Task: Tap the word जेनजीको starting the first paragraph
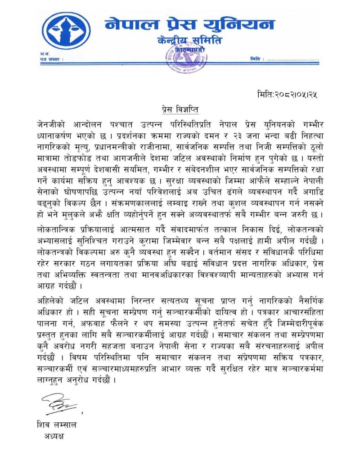tap(53, 123)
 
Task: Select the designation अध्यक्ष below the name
tap(54, 436)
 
